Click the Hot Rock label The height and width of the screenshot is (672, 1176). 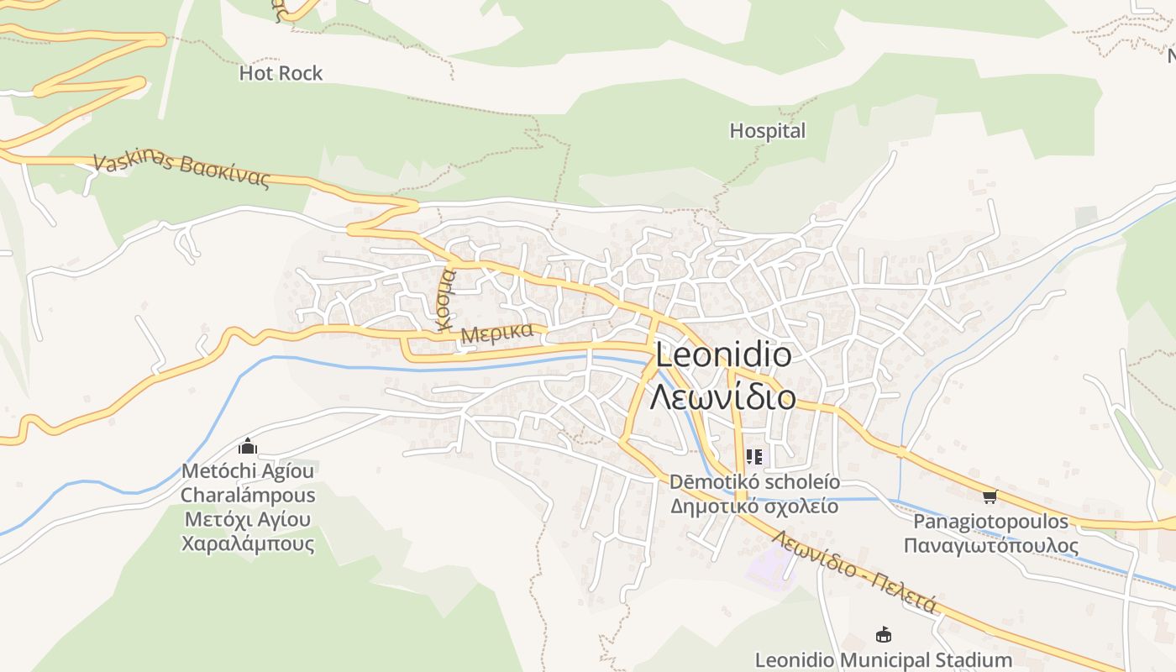click(281, 74)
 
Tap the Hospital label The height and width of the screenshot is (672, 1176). click(767, 131)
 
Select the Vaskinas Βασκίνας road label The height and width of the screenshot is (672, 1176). click(182, 171)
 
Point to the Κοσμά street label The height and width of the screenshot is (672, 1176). click(445, 300)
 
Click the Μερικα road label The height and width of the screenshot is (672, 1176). click(496, 333)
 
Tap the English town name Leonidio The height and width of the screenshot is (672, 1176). click(723, 355)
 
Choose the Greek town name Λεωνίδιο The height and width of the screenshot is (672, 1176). click(723, 396)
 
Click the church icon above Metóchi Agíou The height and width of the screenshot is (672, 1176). click(248, 446)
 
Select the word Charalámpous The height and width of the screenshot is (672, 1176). click(248, 496)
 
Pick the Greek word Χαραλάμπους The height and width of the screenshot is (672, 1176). click(248, 543)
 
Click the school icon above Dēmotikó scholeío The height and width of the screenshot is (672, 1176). click(753, 457)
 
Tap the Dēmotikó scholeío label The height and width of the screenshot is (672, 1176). click(753, 483)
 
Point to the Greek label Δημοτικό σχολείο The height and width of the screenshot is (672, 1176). click(753, 507)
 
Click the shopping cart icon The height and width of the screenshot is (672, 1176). click(990, 497)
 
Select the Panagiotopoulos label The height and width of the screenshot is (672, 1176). click(990, 522)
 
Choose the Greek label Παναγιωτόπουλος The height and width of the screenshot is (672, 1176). click(990, 546)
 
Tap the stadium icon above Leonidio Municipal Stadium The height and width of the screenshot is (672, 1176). click(883, 635)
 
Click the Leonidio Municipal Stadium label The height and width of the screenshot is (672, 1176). click(883, 660)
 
